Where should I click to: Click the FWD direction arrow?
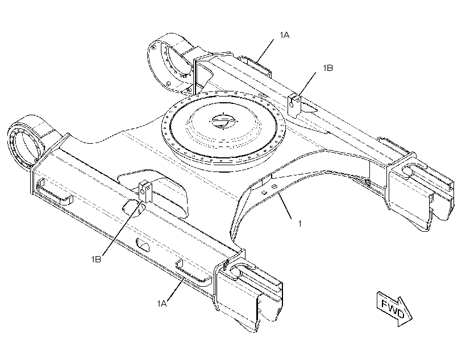coord(394,309)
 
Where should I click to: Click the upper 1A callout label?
coord(284,35)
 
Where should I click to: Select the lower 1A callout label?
coord(162,303)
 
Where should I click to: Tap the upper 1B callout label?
coord(328,68)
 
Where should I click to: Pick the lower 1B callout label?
coord(96,259)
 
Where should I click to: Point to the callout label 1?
coord(300,223)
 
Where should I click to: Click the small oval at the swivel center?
coord(224,121)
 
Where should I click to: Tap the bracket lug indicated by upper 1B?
coord(294,105)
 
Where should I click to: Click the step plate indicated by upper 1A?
coord(256,66)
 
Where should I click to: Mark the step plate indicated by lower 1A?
coord(194,272)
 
